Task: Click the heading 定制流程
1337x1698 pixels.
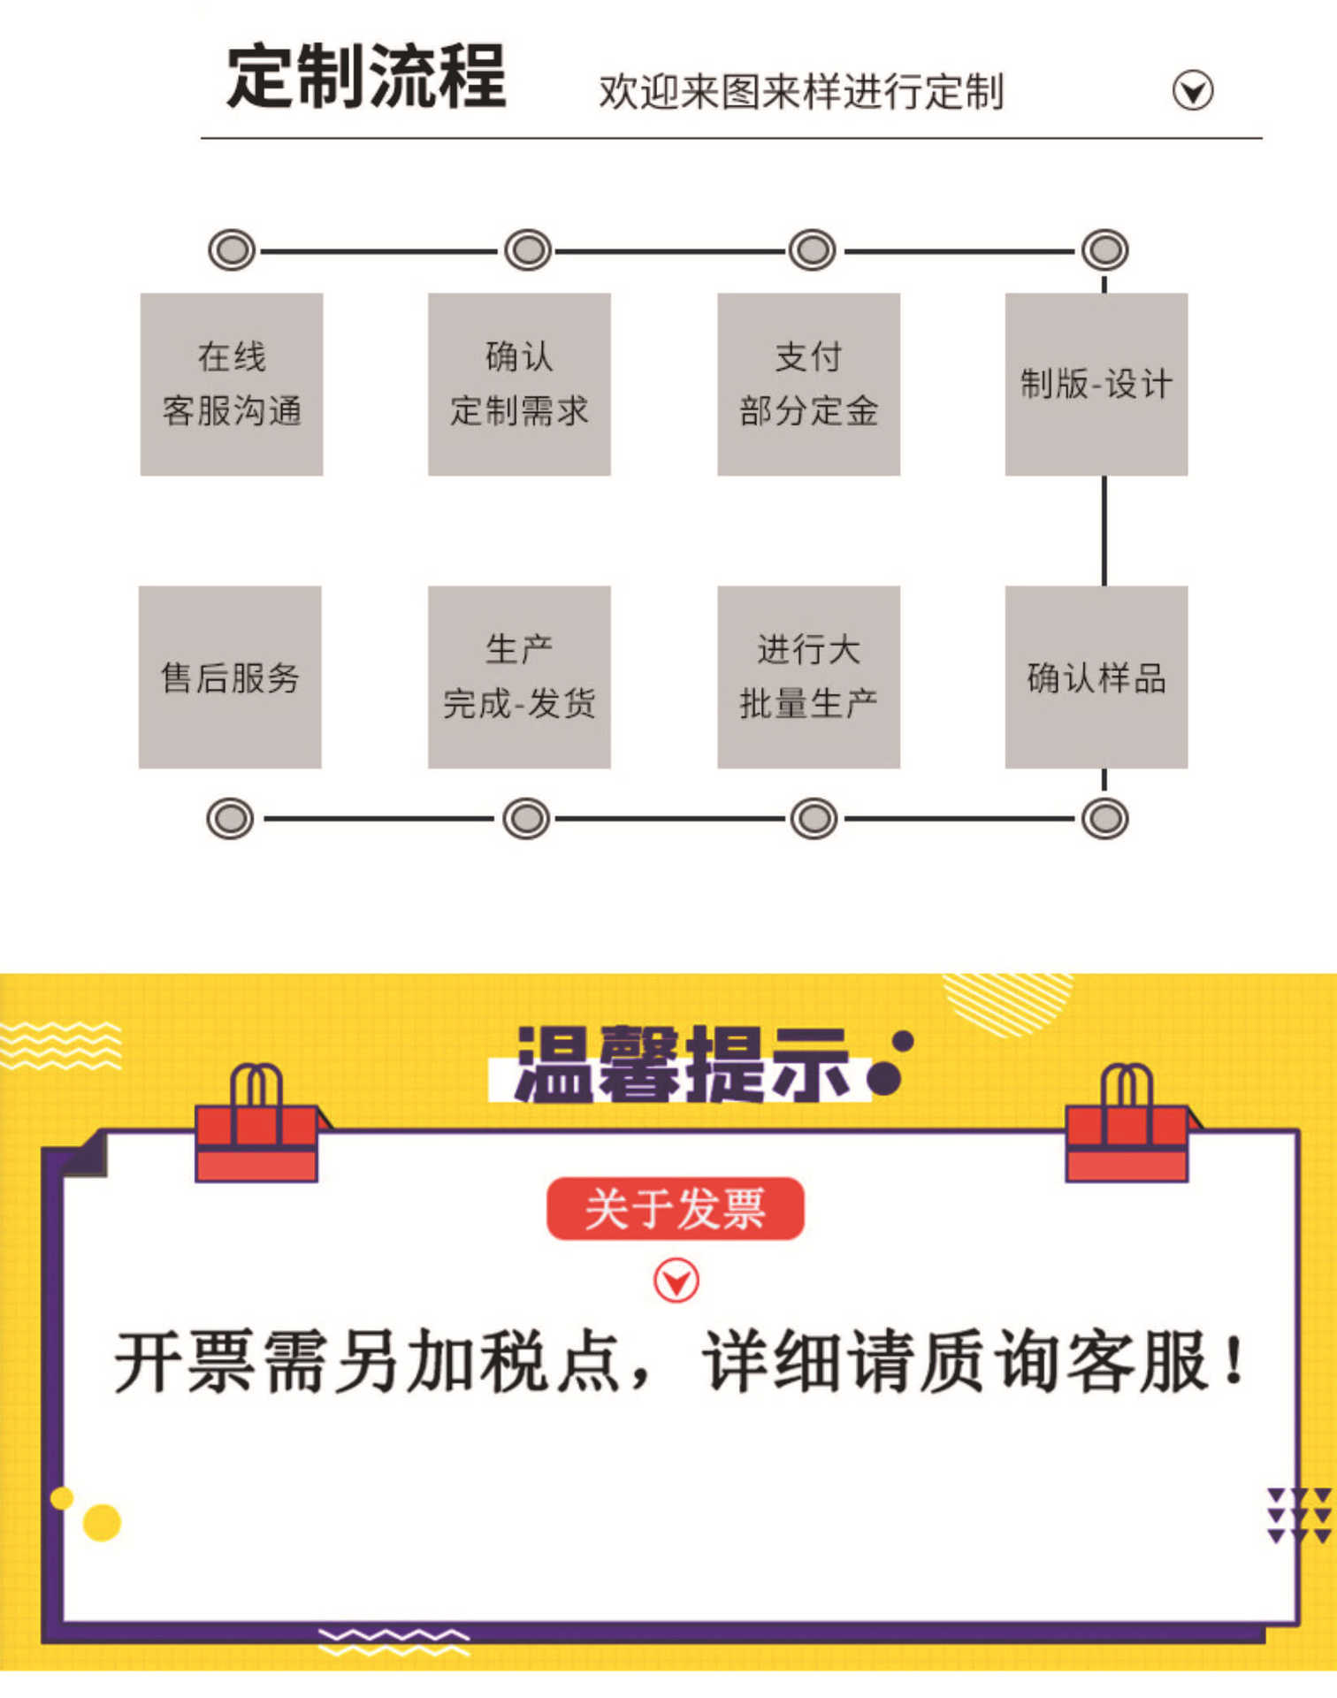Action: tap(366, 77)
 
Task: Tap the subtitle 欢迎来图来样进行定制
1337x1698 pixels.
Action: tap(801, 92)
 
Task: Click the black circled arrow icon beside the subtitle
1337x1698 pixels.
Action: tap(1193, 90)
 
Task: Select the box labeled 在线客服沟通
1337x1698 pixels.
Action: tap(232, 385)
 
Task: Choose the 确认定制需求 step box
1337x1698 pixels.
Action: tap(519, 385)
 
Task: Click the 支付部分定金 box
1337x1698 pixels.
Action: tap(808, 385)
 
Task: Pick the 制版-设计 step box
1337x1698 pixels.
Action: tap(1096, 385)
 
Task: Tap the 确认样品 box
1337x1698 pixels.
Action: tap(1096, 677)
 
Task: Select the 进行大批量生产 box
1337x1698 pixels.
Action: tap(808, 677)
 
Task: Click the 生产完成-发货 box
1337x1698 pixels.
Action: tap(519, 677)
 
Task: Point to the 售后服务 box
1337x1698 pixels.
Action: tap(230, 677)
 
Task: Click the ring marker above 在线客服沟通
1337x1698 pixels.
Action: tap(232, 250)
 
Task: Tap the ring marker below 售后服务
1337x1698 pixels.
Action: tap(230, 818)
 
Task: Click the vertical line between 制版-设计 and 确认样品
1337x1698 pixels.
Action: tap(1104, 531)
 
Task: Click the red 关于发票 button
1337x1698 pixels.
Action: tap(676, 1209)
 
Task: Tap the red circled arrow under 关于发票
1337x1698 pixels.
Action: tap(676, 1281)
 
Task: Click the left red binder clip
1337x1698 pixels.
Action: tap(257, 1123)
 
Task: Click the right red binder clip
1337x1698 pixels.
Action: tap(1127, 1123)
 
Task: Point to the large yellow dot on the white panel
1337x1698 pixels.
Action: tap(102, 1523)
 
